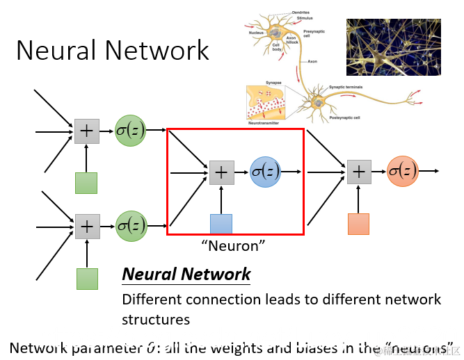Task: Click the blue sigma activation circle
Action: pos(265,171)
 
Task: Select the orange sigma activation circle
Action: pos(403,171)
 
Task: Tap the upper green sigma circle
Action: pos(131,130)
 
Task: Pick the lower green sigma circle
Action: pos(131,225)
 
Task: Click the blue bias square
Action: pos(221,224)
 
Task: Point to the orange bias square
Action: pos(358,224)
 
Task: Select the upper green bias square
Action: pos(86,183)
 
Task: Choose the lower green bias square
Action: pos(86,278)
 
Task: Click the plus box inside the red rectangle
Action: pos(221,172)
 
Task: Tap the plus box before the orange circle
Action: pos(358,172)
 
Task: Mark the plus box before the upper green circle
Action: pos(86,131)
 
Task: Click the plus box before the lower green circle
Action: pos(86,226)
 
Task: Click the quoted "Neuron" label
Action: pos(234,245)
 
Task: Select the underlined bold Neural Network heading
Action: pos(186,274)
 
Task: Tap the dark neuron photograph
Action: pos(393,47)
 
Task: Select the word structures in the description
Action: pos(156,320)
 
